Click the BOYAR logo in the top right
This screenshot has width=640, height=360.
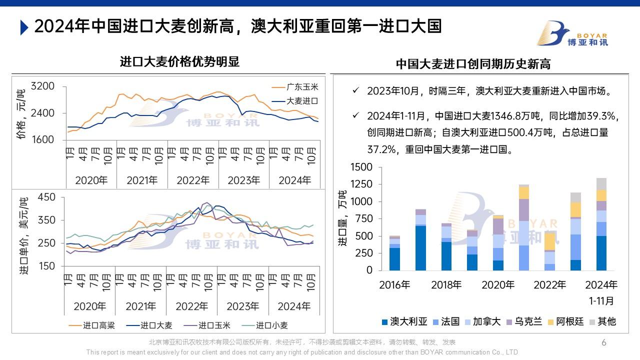572,33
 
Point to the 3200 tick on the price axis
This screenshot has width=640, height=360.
42,87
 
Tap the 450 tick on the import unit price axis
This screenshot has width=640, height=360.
46,197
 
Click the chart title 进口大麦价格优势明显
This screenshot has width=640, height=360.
180,62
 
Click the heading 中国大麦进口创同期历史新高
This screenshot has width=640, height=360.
473,64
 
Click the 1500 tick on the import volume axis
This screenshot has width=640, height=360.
362,167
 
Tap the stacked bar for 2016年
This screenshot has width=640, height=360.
394,253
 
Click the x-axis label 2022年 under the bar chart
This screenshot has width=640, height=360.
549,285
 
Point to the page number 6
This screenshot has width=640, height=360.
603,342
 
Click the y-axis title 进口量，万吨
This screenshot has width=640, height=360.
342,218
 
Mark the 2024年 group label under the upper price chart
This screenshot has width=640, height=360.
294,180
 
